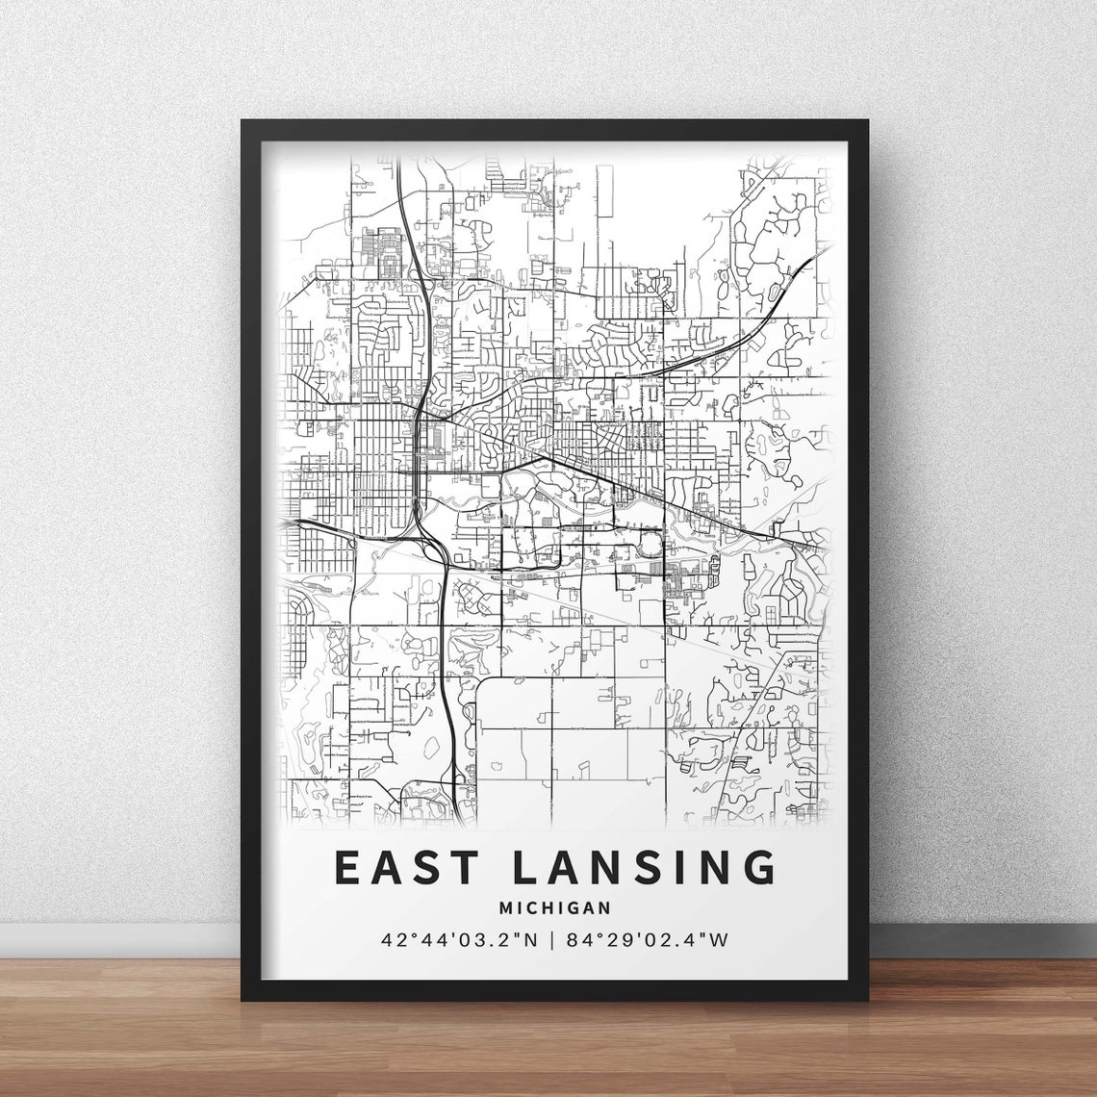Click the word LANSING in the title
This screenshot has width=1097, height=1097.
coord(644,867)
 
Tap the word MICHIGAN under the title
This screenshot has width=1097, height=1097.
coord(555,907)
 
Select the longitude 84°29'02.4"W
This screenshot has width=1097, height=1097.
coord(650,939)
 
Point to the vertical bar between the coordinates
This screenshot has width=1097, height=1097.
coord(551,939)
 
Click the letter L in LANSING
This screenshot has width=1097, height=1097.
coord(524,867)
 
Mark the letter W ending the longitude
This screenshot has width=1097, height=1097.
coord(719,939)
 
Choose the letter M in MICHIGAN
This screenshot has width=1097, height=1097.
coord(506,907)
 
